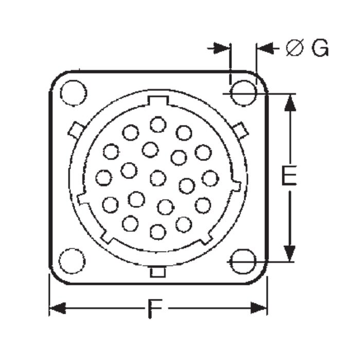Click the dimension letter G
pos(320,48)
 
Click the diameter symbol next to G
pos(295,48)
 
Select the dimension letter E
pos(289,175)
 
